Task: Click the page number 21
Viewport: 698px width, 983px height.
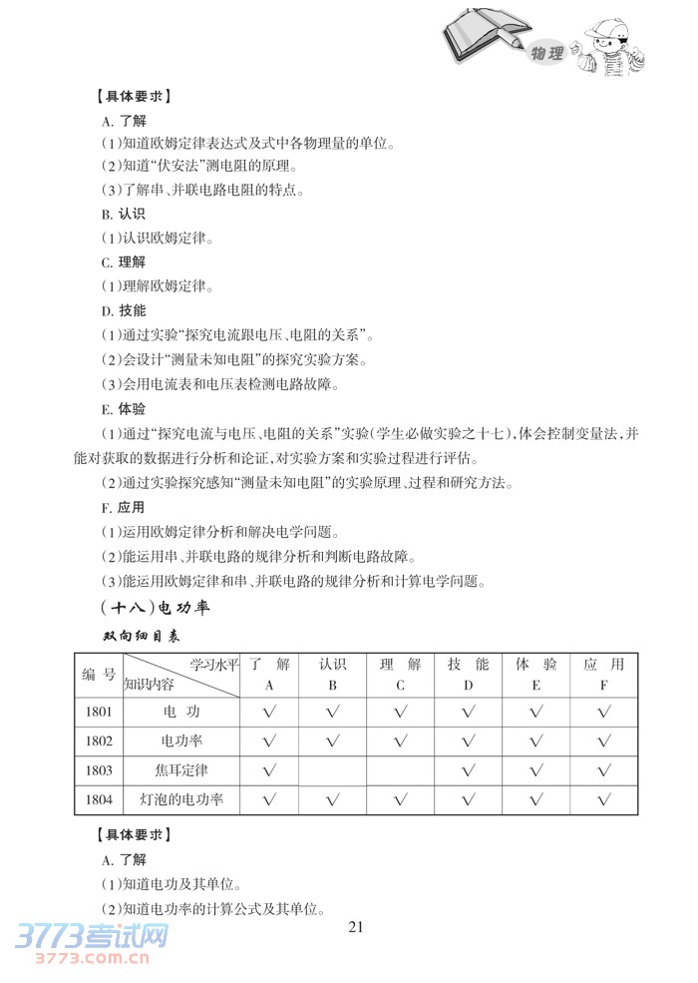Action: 359,926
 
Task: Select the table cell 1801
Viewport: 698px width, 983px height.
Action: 99,712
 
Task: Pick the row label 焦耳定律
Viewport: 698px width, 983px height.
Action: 181,770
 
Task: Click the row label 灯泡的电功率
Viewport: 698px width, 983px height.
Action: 181,799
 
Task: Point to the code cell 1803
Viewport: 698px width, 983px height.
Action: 99,770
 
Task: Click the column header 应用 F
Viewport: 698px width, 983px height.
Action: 603,674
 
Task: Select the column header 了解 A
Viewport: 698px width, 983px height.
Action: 268,674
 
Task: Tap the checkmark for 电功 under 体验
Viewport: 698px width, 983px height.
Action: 535,712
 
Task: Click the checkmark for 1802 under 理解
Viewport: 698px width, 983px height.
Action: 400,741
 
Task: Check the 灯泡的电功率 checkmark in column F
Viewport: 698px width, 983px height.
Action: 603,799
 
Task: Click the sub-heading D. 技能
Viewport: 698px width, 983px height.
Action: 123,310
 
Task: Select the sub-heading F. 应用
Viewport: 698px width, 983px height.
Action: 123,507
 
